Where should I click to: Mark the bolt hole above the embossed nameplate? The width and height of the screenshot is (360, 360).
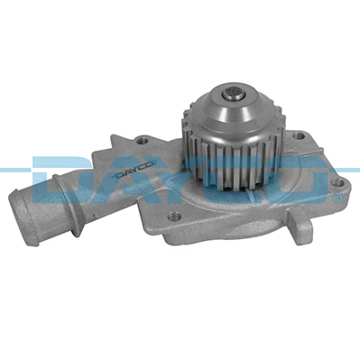[x=143, y=141]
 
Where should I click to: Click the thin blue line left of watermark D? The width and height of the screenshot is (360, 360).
[x=13, y=169]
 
